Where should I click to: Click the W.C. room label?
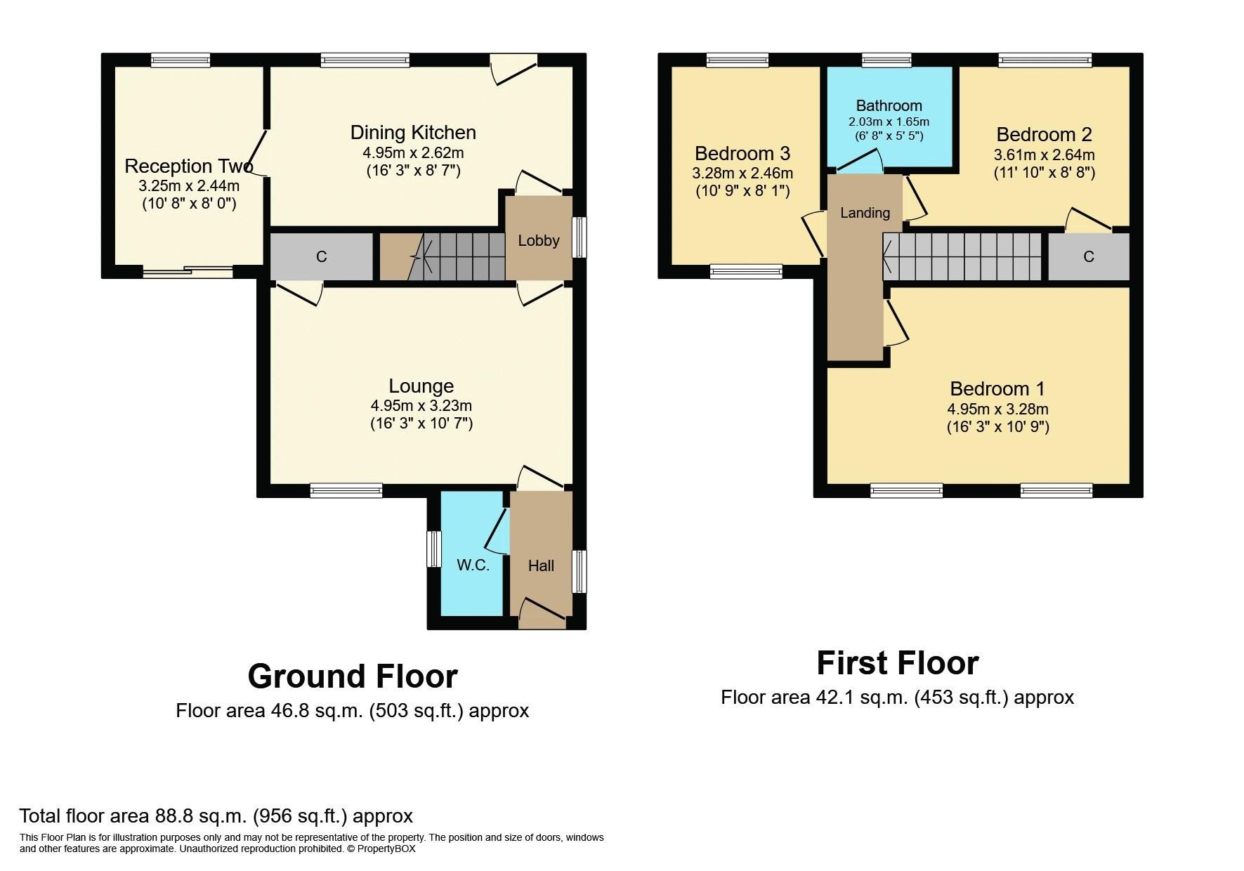click(473, 565)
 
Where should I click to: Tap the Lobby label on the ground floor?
click(539, 240)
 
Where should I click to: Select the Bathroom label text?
click(889, 106)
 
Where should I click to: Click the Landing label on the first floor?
click(865, 213)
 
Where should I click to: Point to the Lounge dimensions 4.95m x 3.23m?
click(421, 405)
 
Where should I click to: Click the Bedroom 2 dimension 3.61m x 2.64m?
click(1044, 155)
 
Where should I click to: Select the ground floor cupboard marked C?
click(321, 256)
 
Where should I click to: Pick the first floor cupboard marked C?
click(1088, 256)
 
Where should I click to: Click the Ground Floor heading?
click(353, 676)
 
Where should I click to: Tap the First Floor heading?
click(897, 663)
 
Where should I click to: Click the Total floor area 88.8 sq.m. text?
click(216, 816)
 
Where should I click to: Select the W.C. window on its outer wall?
click(434, 549)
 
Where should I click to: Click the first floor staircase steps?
click(962, 256)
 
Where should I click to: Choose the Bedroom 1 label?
click(997, 388)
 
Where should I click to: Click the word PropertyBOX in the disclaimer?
click(386, 849)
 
